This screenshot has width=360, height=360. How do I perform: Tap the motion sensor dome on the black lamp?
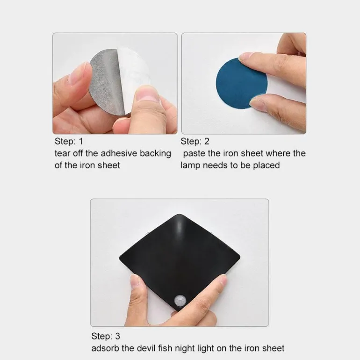180,301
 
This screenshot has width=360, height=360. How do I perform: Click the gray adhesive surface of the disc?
106,82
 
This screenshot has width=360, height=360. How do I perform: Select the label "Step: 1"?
69,141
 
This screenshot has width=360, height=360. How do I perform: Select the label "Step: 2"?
195,141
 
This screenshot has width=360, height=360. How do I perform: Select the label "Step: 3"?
106,336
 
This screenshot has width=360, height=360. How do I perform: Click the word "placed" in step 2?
266,166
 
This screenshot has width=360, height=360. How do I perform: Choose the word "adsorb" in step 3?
105,348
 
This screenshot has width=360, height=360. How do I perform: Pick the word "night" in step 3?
185,349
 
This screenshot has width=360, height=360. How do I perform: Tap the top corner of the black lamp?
180,214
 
